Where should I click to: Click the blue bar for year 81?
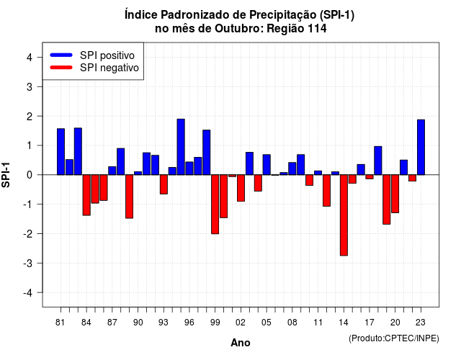[x=61, y=152]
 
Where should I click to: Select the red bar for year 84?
[x=86, y=195]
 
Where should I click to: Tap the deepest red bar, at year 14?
[x=344, y=215]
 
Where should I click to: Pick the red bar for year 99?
[x=215, y=204]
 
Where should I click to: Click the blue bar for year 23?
[x=421, y=147]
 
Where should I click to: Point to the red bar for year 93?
[x=164, y=184]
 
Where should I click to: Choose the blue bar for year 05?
[x=267, y=165]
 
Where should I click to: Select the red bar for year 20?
[x=395, y=194]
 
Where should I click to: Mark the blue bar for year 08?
[x=292, y=168]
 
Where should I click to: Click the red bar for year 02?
[x=241, y=188]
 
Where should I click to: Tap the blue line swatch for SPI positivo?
[x=61, y=55]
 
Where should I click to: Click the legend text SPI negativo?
[x=109, y=68]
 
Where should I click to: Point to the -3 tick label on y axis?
[x=29, y=264]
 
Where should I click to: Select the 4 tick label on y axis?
[x=30, y=58]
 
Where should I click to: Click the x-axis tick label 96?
[x=189, y=323]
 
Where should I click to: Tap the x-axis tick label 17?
[x=370, y=323]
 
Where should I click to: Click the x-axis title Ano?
[x=241, y=343]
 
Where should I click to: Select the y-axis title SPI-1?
[x=6, y=175]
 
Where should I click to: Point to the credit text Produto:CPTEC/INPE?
[x=394, y=338]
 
